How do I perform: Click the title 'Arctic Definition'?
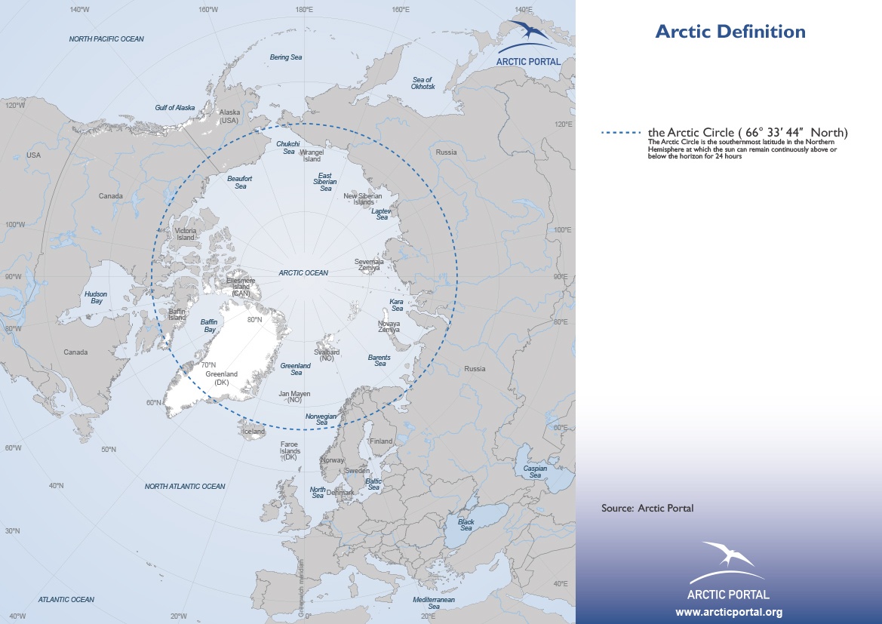(x=730, y=32)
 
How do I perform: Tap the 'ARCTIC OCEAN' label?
(x=303, y=273)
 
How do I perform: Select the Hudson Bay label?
(x=96, y=297)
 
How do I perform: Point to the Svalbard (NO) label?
(x=327, y=355)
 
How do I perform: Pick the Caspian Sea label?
(x=535, y=472)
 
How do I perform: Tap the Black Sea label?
(x=466, y=524)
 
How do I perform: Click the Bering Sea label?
(x=286, y=57)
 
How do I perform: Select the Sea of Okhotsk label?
(x=423, y=83)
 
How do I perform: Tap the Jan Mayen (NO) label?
(x=294, y=396)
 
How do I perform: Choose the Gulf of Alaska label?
(x=175, y=108)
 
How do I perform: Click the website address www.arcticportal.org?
(x=728, y=612)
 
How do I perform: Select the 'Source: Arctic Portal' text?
(x=647, y=508)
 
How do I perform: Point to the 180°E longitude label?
(x=304, y=10)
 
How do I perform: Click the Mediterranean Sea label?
(x=434, y=602)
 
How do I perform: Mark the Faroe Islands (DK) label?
(x=290, y=450)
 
